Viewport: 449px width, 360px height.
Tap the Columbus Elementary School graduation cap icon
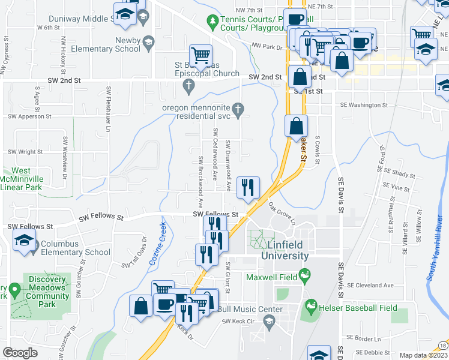[23, 242]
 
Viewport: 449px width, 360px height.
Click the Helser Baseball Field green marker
[310, 307]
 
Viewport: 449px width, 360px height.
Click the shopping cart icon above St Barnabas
[201, 56]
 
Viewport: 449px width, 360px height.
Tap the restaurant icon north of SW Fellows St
[247, 187]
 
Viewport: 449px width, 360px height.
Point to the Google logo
[20, 352]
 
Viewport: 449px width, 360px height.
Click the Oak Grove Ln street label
[283, 213]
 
